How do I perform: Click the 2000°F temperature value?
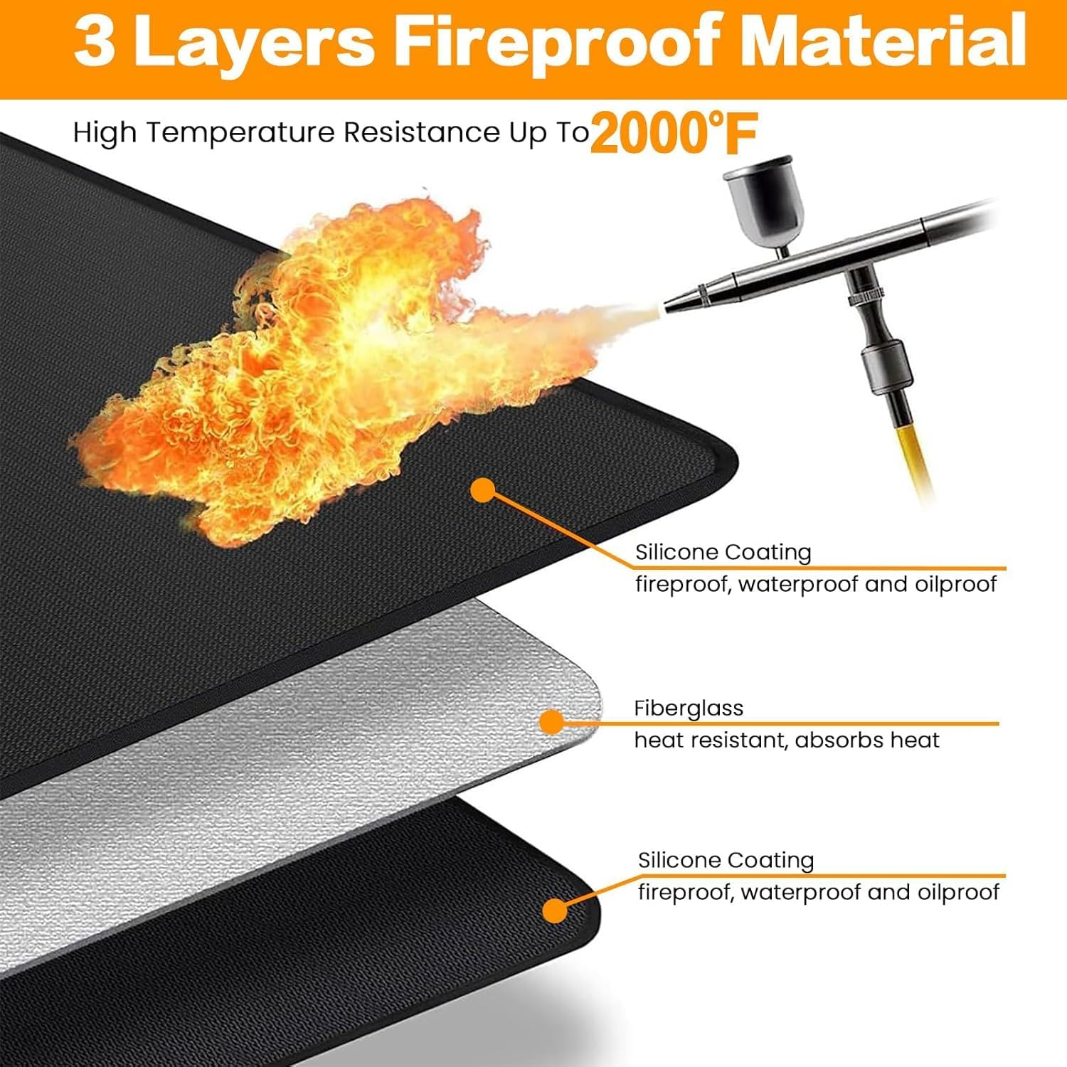673,133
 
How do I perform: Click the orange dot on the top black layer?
483,489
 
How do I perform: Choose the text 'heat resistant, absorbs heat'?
786,740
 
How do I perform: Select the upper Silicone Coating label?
723,553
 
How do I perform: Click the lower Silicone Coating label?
726,861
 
